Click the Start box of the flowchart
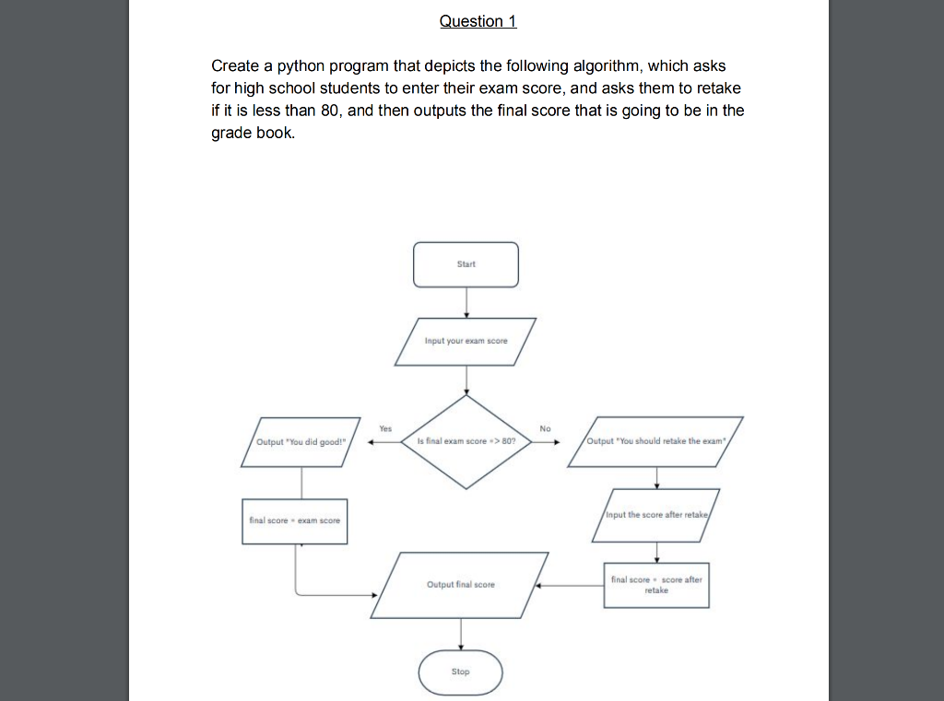point(466,264)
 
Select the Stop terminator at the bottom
point(461,672)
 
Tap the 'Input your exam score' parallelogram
point(466,341)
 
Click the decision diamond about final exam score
point(466,441)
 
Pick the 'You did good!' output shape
point(301,441)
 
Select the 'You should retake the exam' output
point(656,441)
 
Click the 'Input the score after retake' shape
point(656,515)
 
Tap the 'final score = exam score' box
point(295,520)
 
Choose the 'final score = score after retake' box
point(656,585)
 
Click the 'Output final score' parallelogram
point(461,585)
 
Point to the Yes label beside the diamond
point(385,428)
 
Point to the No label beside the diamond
point(545,428)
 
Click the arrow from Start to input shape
point(466,302)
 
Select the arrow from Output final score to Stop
point(461,634)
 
